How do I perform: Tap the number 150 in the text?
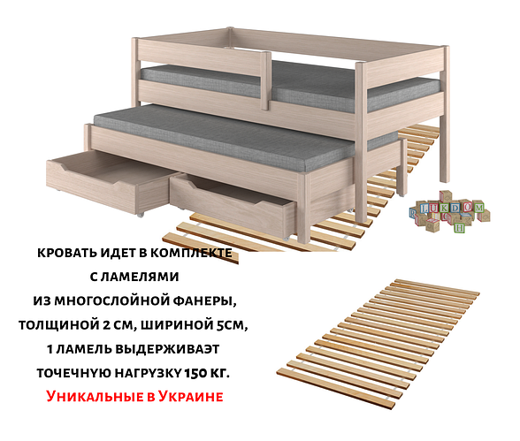click(196, 373)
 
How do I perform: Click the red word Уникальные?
click(94, 396)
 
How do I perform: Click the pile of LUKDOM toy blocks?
click(449, 212)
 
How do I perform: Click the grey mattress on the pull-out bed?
click(232, 138)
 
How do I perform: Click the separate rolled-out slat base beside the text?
click(379, 344)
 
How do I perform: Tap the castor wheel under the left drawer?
click(141, 215)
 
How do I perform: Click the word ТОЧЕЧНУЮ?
click(73, 373)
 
